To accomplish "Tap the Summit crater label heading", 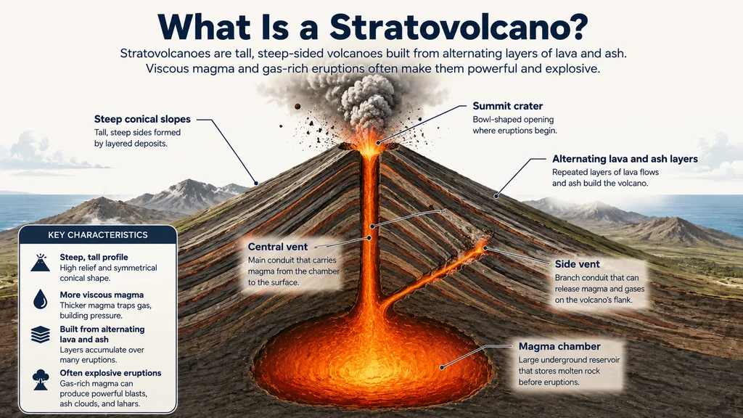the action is (x=507, y=106).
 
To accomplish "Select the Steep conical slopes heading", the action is (x=142, y=120).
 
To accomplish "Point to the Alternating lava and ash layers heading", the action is (x=625, y=159).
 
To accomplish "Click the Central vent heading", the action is (x=278, y=247).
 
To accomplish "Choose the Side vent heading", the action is (x=577, y=264).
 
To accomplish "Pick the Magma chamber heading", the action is (x=559, y=346).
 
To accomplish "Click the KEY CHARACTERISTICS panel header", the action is (x=98, y=235).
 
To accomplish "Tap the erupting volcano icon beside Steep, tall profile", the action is (x=41, y=262).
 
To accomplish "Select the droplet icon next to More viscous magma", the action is (x=41, y=300).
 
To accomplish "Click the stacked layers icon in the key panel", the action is (x=41, y=335).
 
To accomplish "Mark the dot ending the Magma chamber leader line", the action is (x=442, y=367).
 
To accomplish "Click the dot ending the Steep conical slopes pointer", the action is (x=256, y=183).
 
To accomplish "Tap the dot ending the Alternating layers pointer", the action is (x=496, y=196).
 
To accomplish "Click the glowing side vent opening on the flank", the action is (x=481, y=247).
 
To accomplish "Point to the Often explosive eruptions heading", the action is (x=110, y=373).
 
